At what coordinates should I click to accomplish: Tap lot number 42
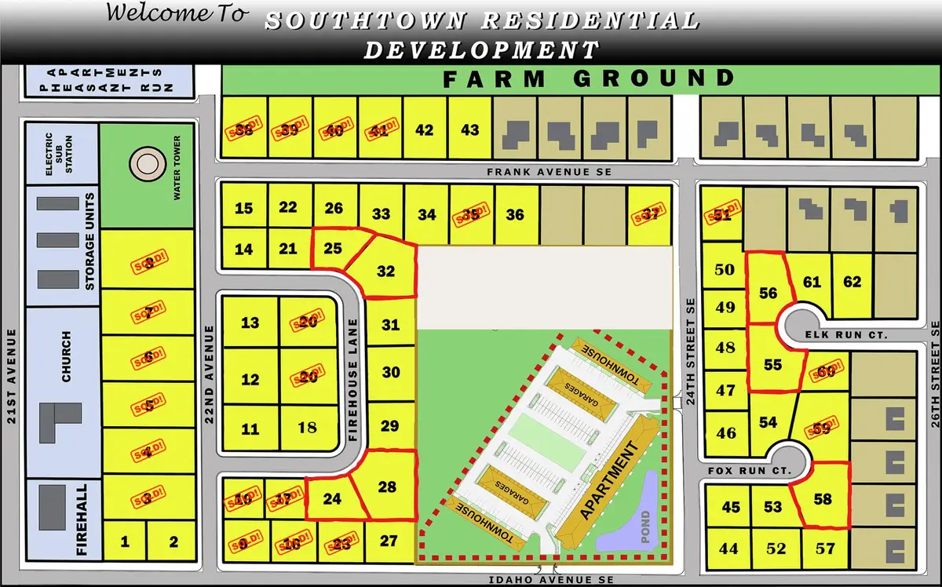click(424, 130)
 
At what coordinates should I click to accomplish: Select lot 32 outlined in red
click(385, 272)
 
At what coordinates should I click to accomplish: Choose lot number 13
click(250, 323)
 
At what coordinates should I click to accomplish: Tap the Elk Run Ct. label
click(853, 335)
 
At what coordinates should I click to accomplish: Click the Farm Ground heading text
click(588, 78)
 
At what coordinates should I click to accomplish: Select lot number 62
click(852, 283)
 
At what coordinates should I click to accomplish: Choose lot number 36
click(515, 214)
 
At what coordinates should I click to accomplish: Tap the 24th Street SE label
click(691, 342)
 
